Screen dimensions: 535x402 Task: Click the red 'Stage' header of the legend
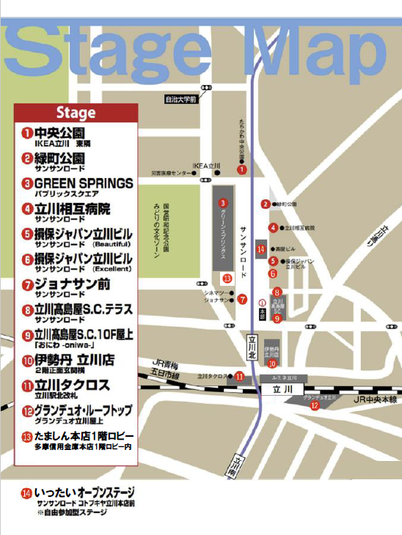(x=76, y=114)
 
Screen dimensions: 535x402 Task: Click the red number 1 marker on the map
(x=241, y=169)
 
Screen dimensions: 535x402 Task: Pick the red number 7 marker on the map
(x=241, y=298)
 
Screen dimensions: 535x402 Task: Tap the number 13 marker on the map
(x=227, y=278)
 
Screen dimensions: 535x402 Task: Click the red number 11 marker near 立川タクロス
(x=238, y=376)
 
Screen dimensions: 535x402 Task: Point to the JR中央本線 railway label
(x=374, y=399)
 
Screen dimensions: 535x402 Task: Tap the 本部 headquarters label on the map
(x=262, y=310)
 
